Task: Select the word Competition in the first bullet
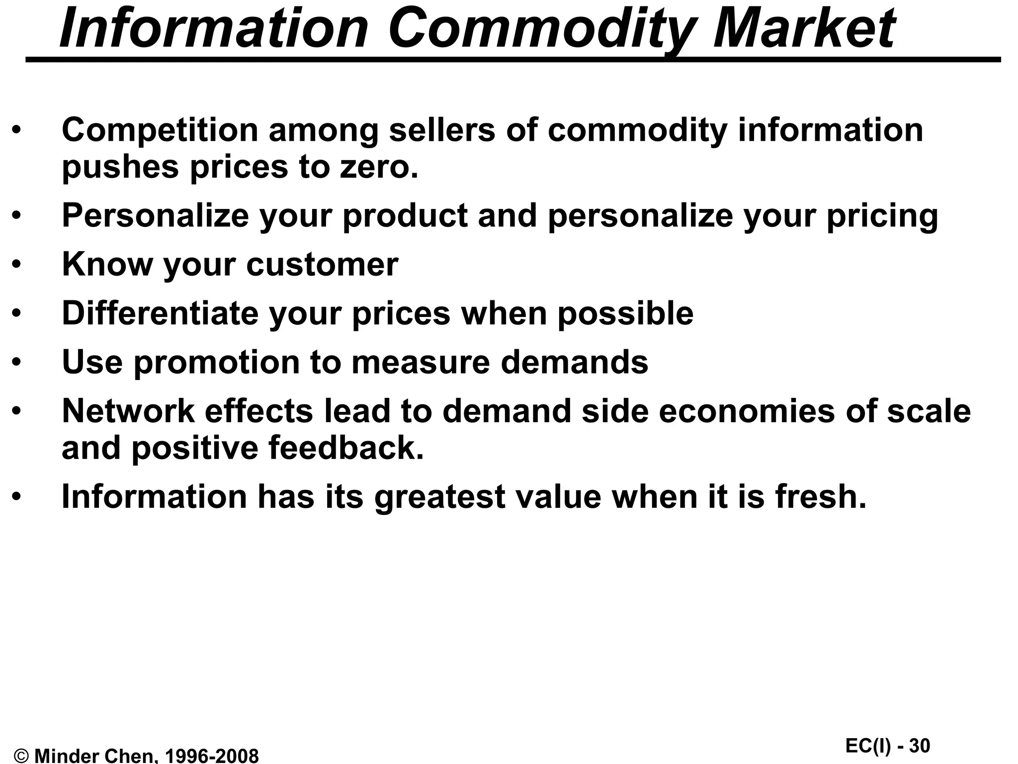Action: click(x=160, y=130)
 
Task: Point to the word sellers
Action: click(x=442, y=130)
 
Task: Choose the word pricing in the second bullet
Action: click(x=882, y=216)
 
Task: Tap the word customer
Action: click(x=322, y=264)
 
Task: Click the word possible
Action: click(x=625, y=313)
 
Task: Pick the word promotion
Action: click(x=217, y=362)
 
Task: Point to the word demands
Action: click(x=574, y=362)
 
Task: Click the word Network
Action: click(x=128, y=411)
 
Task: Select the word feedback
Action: click(x=346, y=447)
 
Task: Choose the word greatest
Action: click(x=440, y=497)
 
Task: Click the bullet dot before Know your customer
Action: click(x=17, y=264)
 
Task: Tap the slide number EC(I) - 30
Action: click(x=887, y=746)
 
